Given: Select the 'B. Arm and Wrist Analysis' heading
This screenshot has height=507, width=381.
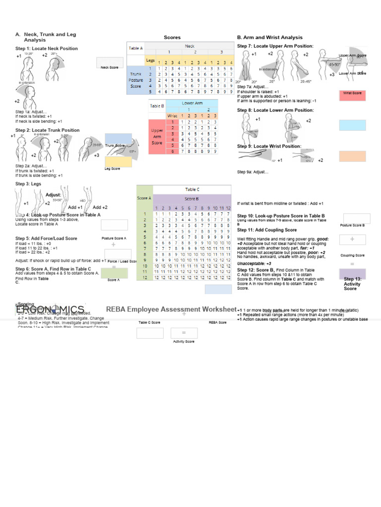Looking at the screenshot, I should pyautogui.click(x=269, y=38).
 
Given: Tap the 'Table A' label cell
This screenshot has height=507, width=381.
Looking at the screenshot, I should pyautogui.click(x=135, y=49).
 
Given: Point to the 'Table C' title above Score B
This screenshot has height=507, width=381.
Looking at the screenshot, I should pyautogui.click(x=192, y=189).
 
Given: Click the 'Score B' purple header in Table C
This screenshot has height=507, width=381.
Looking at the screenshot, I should pyautogui.click(x=192, y=199).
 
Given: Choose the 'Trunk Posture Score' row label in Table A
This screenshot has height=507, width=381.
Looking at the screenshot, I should pyautogui.click(x=135, y=80).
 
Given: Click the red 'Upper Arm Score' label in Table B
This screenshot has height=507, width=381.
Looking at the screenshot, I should pyautogui.click(x=157, y=137).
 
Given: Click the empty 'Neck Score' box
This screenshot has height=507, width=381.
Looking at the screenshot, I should pyautogui.click(x=110, y=62).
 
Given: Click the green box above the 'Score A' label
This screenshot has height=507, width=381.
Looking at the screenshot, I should pyautogui.click(x=114, y=273).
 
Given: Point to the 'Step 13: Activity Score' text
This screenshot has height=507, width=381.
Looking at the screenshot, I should pyautogui.click(x=352, y=284).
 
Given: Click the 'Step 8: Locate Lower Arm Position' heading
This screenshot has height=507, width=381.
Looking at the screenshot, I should pyautogui.click(x=275, y=110).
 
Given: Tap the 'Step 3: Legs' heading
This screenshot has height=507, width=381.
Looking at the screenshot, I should pyautogui.click(x=28, y=184).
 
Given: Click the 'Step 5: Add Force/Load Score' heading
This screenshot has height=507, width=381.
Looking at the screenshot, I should pyautogui.click(x=46, y=238).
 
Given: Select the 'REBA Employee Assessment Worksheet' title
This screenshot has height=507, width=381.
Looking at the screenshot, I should pyautogui.click(x=171, y=309).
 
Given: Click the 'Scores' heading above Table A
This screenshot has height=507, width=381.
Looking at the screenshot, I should pyautogui.click(x=172, y=38).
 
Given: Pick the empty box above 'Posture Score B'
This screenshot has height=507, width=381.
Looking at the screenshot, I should pyautogui.click(x=356, y=218).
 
